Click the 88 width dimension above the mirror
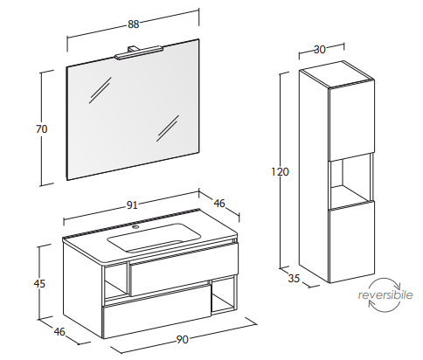click(x=134, y=24)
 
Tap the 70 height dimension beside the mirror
click(x=42, y=128)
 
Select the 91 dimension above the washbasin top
click(x=132, y=205)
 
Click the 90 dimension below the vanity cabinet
click(x=182, y=339)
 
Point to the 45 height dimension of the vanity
click(x=39, y=283)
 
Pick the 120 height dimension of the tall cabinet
click(x=280, y=172)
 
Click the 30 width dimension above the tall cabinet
click(x=319, y=50)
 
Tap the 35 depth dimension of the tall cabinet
click(x=294, y=278)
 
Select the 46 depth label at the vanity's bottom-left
click(x=59, y=331)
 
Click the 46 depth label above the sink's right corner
click(x=219, y=203)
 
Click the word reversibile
click(x=385, y=294)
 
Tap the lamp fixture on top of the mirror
click(x=138, y=52)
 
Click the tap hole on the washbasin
click(x=135, y=226)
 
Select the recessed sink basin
click(x=154, y=238)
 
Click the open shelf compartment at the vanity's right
click(x=223, y=295)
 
